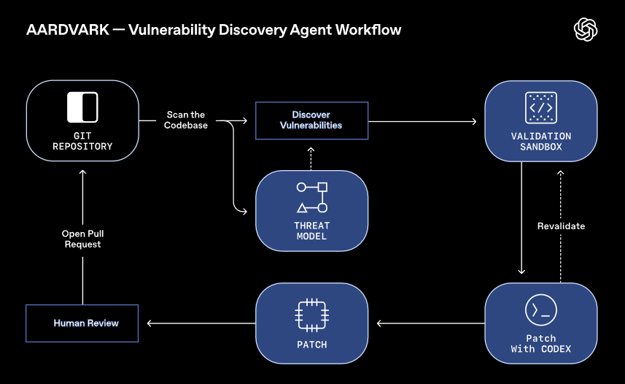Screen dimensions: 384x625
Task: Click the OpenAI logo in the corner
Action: click(586, 29)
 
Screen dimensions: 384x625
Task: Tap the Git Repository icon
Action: click(82, 107)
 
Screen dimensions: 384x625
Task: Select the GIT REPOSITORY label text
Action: click(82, 141)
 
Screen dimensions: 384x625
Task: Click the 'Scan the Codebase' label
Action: click(187, 120)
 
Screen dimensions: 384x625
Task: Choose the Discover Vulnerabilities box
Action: click(311, 120)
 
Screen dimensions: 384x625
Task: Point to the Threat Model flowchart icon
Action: click(311, 197)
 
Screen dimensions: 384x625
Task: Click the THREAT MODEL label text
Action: click(311, 231)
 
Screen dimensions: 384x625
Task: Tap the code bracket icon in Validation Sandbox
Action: click(540, 108)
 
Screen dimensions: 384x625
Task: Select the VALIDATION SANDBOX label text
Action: click(540, 142)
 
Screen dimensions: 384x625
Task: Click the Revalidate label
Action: click(561, 226)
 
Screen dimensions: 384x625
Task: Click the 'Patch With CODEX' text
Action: click(540, 343)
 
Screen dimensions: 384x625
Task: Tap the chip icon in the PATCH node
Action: click(311, 314)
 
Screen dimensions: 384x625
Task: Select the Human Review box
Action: click(82, 323)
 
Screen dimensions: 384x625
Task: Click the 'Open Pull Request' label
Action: click(82, 239)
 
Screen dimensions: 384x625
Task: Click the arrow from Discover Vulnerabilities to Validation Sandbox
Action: click(423, 120)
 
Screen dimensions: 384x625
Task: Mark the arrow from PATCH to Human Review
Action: click(201, 323)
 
